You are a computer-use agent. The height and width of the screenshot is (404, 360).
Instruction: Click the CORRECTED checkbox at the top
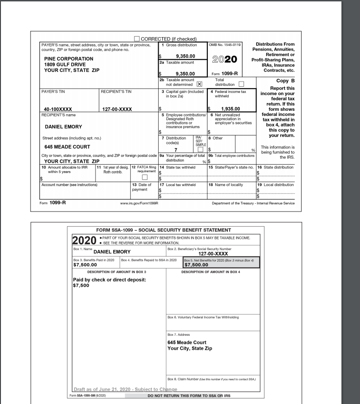137,39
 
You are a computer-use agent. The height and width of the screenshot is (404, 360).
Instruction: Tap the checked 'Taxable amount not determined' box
199,84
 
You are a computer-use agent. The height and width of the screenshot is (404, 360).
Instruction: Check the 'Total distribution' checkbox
241,84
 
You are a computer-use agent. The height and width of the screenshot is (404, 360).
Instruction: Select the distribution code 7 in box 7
176,149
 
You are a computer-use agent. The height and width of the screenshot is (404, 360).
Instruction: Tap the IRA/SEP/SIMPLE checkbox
201,149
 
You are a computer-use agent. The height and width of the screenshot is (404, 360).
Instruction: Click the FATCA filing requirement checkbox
144,177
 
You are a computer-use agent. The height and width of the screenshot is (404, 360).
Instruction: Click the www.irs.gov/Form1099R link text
139,203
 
